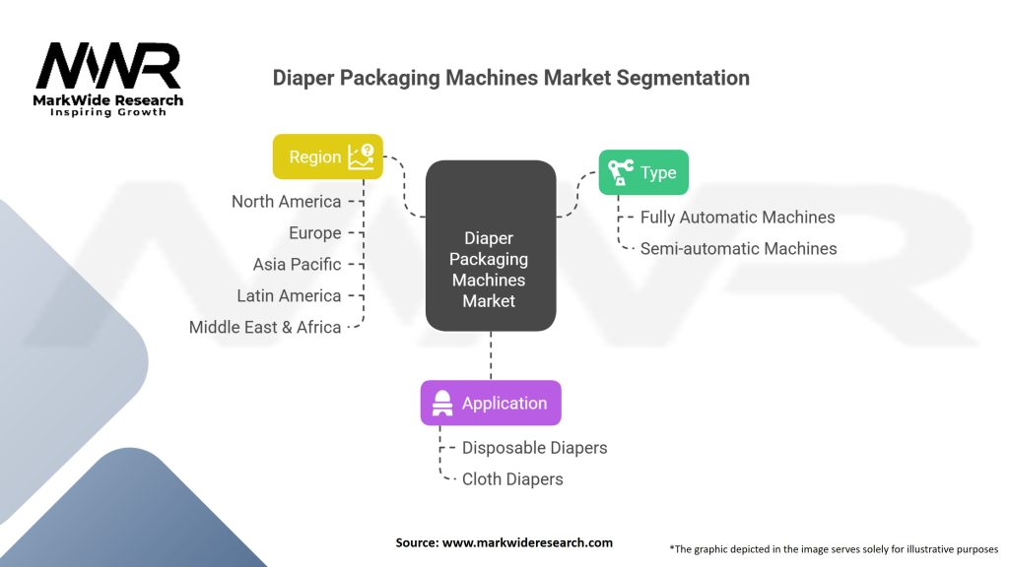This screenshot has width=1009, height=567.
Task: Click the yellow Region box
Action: click(327, 157)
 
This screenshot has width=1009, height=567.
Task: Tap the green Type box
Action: click(643, 172)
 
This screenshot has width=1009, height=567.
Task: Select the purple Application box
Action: click(491, 403)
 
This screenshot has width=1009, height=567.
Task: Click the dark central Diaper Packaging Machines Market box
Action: click(491, 245)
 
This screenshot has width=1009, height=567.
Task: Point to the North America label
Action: click(287, 201)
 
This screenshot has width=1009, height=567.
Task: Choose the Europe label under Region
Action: click(314, 232)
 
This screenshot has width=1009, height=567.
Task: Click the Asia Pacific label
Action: click(297, 264)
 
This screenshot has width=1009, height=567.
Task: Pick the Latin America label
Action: click(289, 295)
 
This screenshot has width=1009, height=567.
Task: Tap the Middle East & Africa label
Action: click(265, 327)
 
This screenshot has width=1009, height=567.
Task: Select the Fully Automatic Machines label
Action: click(737, 218)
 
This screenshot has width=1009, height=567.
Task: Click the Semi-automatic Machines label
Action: click(739, 249)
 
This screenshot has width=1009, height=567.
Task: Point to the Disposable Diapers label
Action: click(535, 448)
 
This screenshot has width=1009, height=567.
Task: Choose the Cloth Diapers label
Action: click(512, 479)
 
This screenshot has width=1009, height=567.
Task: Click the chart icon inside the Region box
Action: click(361, 157)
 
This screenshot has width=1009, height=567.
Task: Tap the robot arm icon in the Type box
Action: click(621, 172)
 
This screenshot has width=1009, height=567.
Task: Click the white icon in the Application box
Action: click(442, 403)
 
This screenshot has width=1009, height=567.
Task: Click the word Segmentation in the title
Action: click(683, 78)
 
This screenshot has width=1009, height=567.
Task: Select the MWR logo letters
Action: click(108, 66)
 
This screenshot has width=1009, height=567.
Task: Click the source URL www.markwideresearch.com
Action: click(528, 542)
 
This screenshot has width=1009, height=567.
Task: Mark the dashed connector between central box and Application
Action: click(491, 356)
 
